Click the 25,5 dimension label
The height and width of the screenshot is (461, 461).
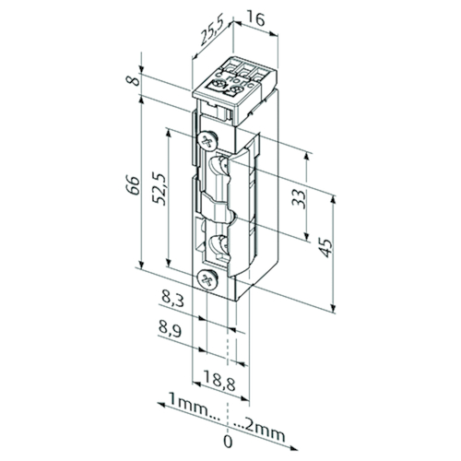pos(213,33)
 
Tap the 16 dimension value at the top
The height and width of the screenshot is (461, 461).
pos(255,19)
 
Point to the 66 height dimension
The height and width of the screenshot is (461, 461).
pos(133,185)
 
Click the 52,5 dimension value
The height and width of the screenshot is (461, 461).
pos(160,189)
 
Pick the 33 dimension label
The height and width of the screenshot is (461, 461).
pos(299,199)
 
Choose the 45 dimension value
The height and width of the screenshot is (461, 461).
pos(325,247)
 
